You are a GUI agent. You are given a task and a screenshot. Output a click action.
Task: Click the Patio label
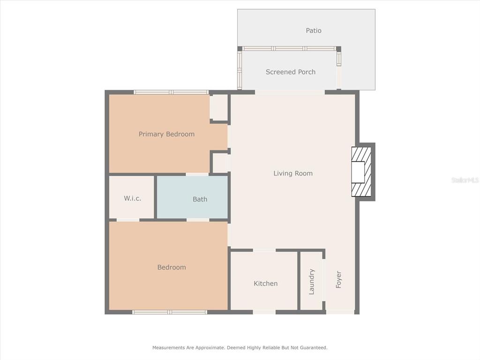click(x=314, y=30)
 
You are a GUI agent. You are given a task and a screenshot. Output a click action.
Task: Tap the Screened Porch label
click(x=291, y=72)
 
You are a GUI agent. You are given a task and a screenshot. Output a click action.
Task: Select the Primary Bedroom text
click(x=166, y=134)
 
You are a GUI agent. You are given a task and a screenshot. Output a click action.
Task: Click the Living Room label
click(x=293, y=173)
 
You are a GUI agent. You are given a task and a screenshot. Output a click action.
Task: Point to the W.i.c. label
click(x=133, y=198)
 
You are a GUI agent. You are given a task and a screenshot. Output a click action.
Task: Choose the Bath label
click(x=200, y=199)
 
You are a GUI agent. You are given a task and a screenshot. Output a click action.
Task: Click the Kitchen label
click(x=266, y=284)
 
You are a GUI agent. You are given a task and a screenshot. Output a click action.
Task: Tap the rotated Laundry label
click(x=312, y=282)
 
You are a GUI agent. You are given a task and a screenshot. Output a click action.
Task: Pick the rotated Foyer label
click(x=338, y=279)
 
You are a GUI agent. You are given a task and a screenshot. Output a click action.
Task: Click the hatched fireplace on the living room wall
click(x=361, y=172)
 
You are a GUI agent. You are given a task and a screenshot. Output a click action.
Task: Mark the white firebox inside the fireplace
click(x=358, y=172)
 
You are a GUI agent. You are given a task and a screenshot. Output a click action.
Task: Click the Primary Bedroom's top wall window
click(x=172, y=92)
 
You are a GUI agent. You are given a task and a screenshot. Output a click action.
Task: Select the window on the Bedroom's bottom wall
click(x=170, y=312)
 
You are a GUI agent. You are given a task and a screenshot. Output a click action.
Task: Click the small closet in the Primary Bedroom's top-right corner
click(x=219, y=107)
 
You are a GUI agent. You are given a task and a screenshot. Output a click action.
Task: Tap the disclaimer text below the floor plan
click(x=240, y=347)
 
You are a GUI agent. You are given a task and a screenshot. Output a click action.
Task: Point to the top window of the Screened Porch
click(x=289, y=48)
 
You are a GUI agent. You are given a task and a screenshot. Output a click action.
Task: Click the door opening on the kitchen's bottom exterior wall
click(x=264, y=312)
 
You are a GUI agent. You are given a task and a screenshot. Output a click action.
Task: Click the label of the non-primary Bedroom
click(x=172, y=267)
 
